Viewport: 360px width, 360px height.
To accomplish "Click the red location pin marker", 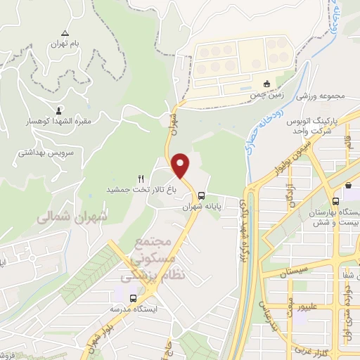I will [x=181, y=166].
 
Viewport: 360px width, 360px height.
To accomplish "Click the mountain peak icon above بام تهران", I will [x=65, y=32].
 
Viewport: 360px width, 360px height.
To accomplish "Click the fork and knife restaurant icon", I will [x=141, y=179].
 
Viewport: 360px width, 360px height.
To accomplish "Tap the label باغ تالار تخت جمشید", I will [x=141, y=190].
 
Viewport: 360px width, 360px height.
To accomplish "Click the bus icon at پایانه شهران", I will [x=202, y=196].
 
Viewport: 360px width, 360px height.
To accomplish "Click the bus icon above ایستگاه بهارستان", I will [x=348, y=186].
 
